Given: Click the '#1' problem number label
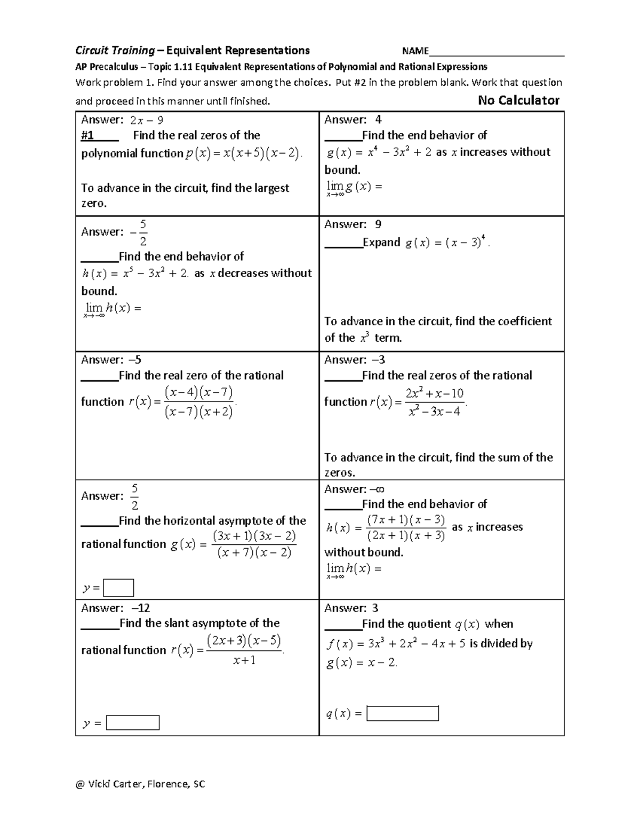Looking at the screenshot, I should click(x=87, y=135).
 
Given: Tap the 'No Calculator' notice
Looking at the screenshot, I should click(x=518, y=100).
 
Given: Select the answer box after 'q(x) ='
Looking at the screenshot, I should click(x=403, y=713).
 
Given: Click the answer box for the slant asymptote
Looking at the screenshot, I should click(x=133, y=722).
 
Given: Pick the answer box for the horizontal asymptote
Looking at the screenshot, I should click(x=118, y=588).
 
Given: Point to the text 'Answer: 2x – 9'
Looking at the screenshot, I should click(x=122, y=120).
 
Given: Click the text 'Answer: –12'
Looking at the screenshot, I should click(x=115, y=608).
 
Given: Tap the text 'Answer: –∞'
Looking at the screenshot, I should click(x=355, y=489).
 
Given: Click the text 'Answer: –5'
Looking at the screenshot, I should click(x=111, y=360).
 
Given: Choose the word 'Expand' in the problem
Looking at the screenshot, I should click(x=381, y=243).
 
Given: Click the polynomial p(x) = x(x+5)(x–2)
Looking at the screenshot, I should click(x=244, y=154).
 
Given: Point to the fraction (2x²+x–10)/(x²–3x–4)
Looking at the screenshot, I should click(x=435, y=402).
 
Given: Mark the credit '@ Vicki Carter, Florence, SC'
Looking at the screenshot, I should click(x=140, y=784).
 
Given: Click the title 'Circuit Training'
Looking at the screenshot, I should click(x=115, y=51).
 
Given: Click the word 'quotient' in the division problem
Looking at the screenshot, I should click(x=428, y=624).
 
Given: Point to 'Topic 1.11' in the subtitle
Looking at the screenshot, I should click(x=170, y=67).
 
